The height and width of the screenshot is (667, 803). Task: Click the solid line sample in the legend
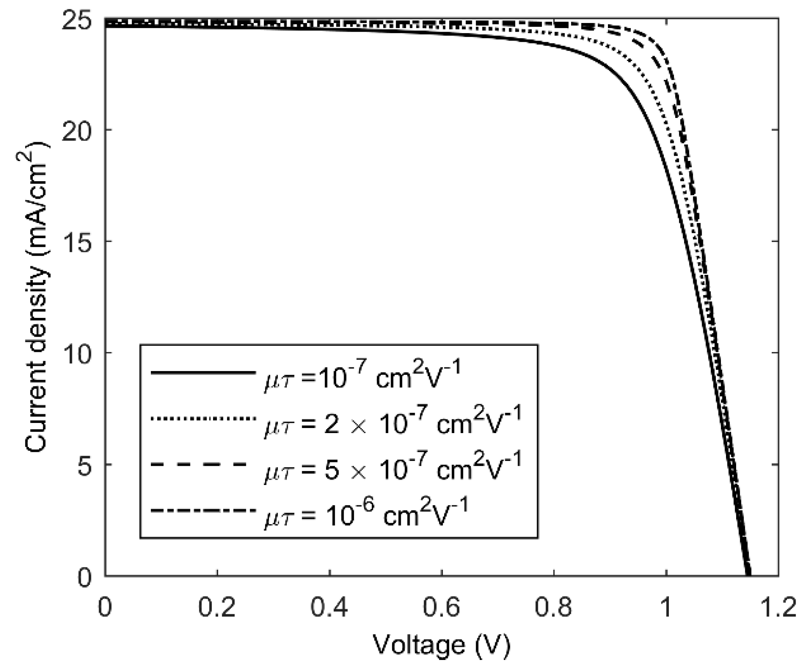pos(203,373)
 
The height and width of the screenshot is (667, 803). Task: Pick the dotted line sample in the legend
pos(203,419)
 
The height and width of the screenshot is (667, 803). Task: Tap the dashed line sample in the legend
pos(199,464)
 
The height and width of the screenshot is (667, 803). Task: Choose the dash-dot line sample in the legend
pos(203,510)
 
